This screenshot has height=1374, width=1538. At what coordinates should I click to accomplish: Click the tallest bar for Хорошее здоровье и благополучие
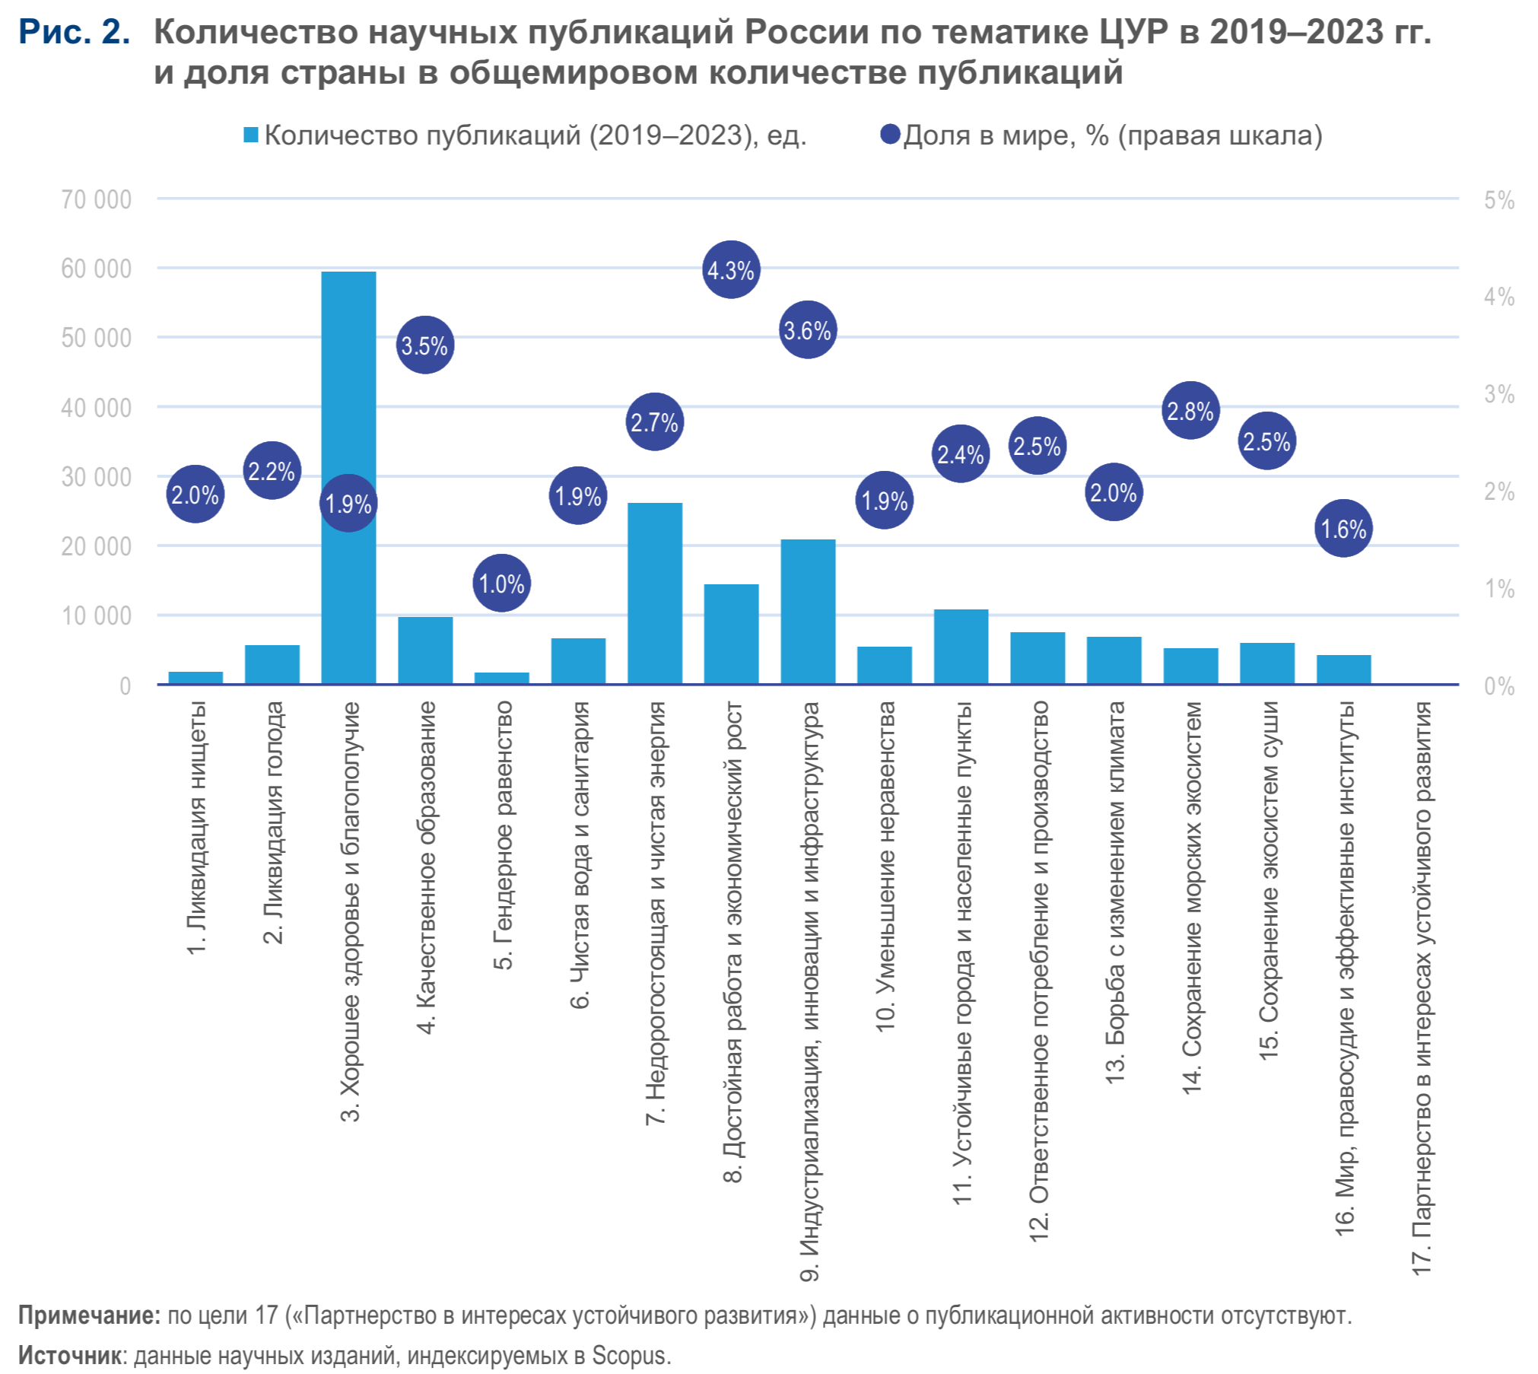tap(348, 380)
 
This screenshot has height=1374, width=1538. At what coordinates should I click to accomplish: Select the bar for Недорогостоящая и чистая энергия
tap(655, 593)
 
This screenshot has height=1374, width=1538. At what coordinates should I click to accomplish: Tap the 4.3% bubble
tap(731, 270)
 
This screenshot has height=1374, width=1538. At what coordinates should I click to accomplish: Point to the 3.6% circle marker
tap(808, 330)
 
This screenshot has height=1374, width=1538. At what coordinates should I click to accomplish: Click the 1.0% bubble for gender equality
tap(502, 584)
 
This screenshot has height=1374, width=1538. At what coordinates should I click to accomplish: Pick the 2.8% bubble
tap(1190, 411)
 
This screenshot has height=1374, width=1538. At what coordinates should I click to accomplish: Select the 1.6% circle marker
tap(1343, 528)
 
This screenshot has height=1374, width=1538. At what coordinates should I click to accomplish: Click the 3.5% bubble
tap(425, 345)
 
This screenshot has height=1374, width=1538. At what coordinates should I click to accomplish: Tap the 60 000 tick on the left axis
tap(97, 269)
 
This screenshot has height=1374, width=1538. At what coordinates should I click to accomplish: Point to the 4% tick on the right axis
tap(1498, 297)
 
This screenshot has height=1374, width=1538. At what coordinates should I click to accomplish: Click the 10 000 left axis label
tap(97, 615)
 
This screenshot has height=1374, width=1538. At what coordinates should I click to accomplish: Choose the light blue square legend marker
tap(251, 135)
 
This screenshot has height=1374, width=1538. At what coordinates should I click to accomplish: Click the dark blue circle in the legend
tap(890, 135)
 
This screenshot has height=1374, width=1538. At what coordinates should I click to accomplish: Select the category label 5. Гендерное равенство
tap(503, 835)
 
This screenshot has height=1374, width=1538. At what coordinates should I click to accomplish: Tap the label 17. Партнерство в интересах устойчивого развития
tap(1421, 989)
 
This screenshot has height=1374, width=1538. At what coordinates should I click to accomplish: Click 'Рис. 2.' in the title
tap(75, 32)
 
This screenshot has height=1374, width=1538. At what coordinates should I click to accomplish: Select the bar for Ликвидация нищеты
tap(195, 677)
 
